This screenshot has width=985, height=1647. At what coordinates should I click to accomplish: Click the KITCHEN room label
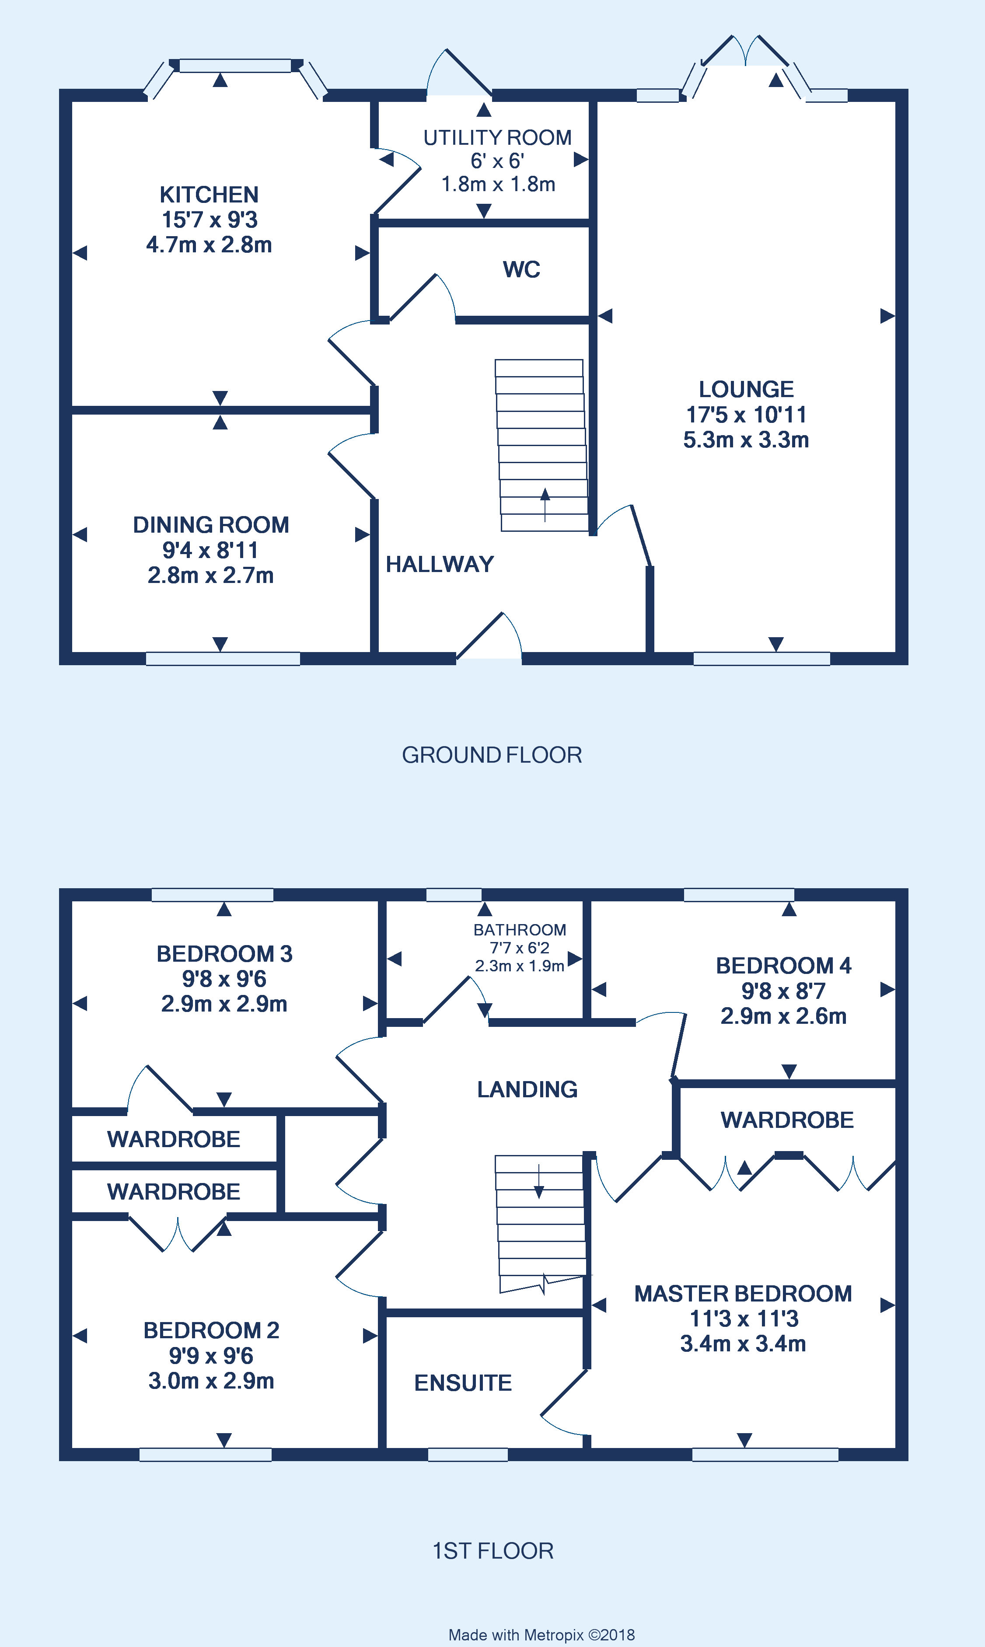point(209,195)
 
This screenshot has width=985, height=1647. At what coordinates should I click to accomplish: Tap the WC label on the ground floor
point(521,269)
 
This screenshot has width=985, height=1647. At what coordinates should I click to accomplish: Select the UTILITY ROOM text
point(497,137)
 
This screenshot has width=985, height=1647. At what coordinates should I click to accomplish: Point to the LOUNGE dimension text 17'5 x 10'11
point(746,415)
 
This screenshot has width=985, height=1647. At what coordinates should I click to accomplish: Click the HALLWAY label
point(440,564)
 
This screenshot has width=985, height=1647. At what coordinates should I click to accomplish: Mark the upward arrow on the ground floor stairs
point(545,504)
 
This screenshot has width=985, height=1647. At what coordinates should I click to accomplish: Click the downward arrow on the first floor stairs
point(539,1182)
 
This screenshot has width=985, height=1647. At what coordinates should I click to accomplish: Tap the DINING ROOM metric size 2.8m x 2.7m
point(210,576)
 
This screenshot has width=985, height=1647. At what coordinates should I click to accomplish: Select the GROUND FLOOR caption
point(492,755)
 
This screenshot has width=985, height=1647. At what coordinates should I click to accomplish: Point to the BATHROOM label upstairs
point(520,930)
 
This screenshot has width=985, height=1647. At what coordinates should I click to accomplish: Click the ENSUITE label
point(463,1383)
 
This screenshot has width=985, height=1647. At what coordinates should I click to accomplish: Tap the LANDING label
point(527,1089)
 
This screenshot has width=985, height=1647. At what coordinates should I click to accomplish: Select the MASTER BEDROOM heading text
point(743,1293)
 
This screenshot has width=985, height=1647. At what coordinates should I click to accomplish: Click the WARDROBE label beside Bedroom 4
point(787,1120)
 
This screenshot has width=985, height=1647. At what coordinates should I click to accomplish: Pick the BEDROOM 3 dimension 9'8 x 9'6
point(224,979)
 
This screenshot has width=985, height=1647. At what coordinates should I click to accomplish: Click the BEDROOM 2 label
point(211,1330)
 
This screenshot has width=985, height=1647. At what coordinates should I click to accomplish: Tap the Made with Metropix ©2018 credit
point(541,1634)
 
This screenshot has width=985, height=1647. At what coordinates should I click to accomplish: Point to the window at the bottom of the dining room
point(223,658)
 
